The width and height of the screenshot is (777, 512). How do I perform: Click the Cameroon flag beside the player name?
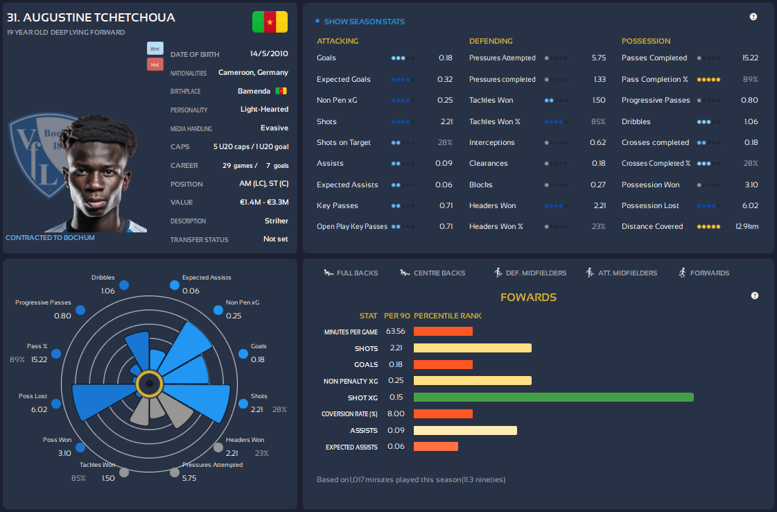point(270,22)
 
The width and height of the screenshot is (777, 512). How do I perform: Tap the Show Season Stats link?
point(364,22)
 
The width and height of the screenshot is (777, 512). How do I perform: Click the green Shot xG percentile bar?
point(553,398)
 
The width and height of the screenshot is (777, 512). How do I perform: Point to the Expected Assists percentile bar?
point(436,446)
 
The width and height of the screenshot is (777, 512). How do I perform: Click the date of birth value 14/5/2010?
point(269,54)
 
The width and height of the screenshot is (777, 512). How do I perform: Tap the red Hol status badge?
point(155,65)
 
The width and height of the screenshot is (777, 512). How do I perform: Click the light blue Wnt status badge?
point(155,49)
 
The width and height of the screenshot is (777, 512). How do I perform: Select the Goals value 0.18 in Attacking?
point(445,58)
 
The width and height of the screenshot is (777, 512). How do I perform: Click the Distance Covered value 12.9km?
point(747,227)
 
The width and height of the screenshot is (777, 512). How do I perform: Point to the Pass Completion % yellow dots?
point(708,80)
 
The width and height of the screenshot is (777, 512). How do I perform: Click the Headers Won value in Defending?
point(600,206)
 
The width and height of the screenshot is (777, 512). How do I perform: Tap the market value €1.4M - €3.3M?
point(263,203)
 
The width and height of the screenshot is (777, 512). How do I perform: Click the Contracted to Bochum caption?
point(50,238)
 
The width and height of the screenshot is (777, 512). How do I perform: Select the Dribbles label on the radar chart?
point(103,278)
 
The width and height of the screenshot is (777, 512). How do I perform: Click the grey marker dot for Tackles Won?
point(124,473)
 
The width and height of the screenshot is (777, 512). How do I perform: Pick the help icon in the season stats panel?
point(753,17)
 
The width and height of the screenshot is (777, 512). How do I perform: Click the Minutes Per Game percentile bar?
point(443,332)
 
